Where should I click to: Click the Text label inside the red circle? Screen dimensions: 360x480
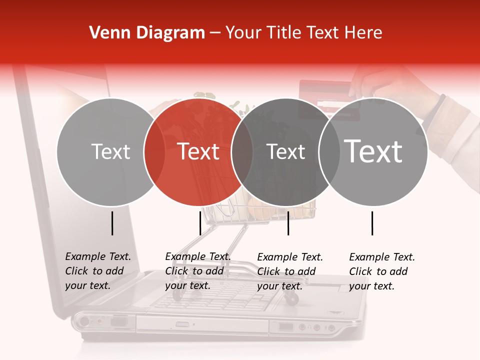(x=198, y=151)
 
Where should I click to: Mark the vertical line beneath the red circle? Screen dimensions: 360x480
(x=200, y=223)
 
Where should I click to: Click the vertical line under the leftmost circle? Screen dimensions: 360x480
(x=112, y=223)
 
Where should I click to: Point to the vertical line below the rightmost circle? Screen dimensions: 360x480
(x=372, y=223)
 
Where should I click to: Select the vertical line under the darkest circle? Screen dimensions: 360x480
(x=288, y=223)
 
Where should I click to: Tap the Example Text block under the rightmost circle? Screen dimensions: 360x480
(x=382, y=271)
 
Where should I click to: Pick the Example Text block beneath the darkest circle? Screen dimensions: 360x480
(x=290, y=271)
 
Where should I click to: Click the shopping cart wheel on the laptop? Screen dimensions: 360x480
(x=292, y=299)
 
